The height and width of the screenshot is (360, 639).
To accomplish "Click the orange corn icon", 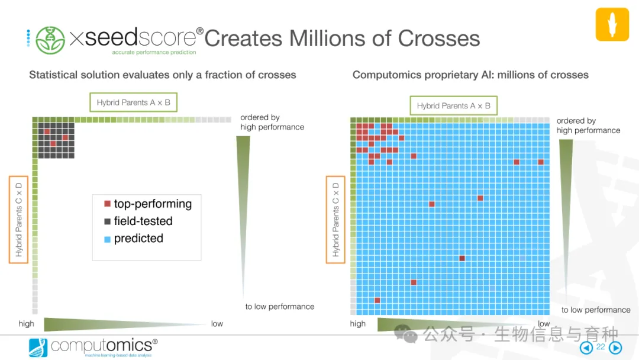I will tap(612, 24).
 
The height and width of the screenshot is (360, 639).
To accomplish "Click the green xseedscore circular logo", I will tap(50, 40).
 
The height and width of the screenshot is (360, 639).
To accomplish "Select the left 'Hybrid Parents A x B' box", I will tap(134, 102).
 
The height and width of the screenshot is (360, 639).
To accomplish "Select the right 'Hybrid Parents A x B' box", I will tap(454, 106).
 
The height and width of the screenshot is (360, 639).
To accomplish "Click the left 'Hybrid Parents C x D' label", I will tap(18, 218).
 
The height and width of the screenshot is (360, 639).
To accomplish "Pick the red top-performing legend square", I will tap(107, 204).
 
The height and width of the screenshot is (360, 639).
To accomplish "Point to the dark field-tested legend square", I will tap(107, 221).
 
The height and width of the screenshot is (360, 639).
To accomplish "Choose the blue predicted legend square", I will tap(107, 239).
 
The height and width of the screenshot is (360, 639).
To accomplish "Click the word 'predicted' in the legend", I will tap(138, 239).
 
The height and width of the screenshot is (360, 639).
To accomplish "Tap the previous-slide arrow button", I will tap(586, 348).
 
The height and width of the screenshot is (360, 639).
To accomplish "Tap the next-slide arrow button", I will tap(615, 348).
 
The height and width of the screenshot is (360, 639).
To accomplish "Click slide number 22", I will tap(600, 347).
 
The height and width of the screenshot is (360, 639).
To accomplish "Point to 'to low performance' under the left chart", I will tap(279, 307).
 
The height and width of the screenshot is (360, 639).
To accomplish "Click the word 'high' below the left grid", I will tap(26, 324).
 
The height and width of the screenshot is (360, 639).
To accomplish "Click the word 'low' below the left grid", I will tap(217, 324).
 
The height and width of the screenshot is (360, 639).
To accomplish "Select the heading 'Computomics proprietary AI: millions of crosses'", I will tap(470, 75).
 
